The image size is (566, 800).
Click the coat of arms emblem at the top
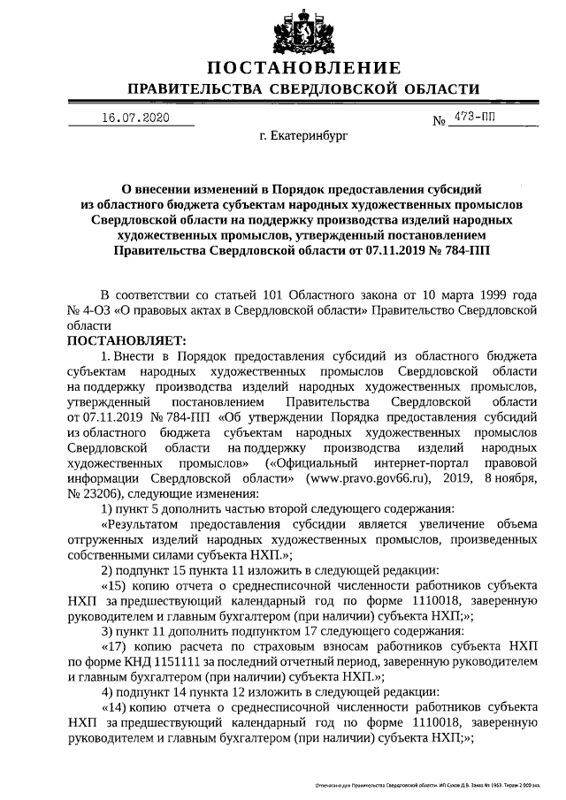tap(302, 27)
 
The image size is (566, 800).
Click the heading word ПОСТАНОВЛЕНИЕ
tap(303, 69)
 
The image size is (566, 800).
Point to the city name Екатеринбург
tap(303, 138)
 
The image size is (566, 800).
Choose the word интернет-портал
tap(425, 462)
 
